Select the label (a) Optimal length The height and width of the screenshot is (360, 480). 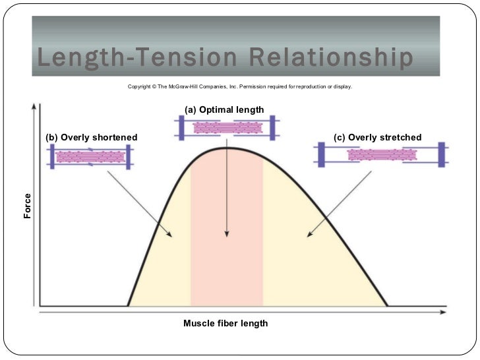coord(224,109)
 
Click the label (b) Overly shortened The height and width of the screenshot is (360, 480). coord(91,137)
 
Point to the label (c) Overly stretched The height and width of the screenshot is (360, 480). coord(378,137)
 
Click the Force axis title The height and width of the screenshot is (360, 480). coord(28,206)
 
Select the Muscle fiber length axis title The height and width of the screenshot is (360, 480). coord(225,324)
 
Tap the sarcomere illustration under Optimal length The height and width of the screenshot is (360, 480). coord(226,127)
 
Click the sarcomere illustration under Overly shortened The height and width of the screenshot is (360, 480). coord(90,157)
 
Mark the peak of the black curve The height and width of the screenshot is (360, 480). coord(227,147)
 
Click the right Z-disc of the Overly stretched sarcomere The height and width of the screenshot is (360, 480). coord(441,154)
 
